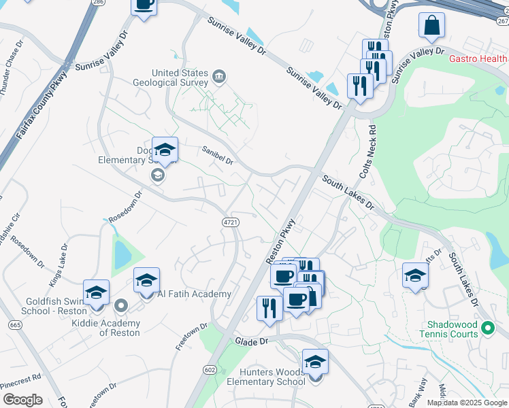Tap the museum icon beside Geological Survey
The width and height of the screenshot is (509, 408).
[x=219, y=75]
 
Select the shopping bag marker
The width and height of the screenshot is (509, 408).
[x=431, y=27]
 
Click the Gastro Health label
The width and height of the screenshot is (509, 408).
[x=478, y=58]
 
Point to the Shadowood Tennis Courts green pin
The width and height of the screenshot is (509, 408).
[x=487, y=329]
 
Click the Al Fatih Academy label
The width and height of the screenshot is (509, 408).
[x=194, y=294]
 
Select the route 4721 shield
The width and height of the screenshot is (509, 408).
[x=230, y=222]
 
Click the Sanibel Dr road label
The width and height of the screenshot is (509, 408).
[x=217, y=156]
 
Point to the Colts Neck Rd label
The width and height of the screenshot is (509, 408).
[x=372, y=148]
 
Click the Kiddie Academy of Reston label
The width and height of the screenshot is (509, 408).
[x=105, y=328]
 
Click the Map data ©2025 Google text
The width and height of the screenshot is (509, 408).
[x=467, y=403]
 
